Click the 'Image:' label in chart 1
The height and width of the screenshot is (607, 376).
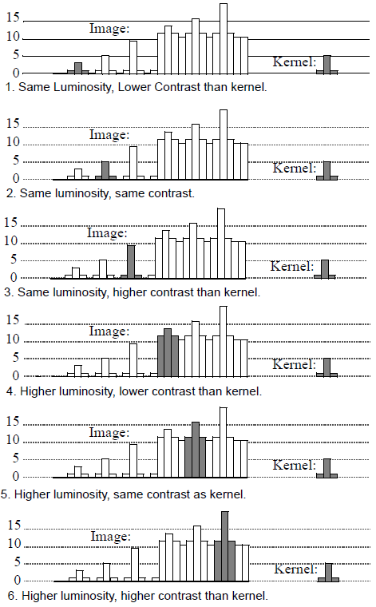tap(109, 30)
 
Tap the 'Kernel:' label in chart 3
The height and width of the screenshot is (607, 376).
tap(292, 266)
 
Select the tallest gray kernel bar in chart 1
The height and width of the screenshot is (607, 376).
tap(327, 64)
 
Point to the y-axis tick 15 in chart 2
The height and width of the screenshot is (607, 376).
tap(12, 124)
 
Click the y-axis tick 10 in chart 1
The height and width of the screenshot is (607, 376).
tap(12, 38)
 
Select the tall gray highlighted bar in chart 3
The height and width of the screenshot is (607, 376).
tap(130, 261)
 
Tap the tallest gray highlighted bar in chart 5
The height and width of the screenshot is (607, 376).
tap(196, 449)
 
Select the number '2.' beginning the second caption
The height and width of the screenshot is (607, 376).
tap(10, 193)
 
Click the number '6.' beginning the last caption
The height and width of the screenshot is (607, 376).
tap(10, 596)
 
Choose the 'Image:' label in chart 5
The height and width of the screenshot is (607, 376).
tap(109, 432)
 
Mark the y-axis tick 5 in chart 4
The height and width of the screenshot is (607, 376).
tap(16, 358)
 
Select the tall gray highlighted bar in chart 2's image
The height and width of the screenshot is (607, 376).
tap(105, 169)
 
